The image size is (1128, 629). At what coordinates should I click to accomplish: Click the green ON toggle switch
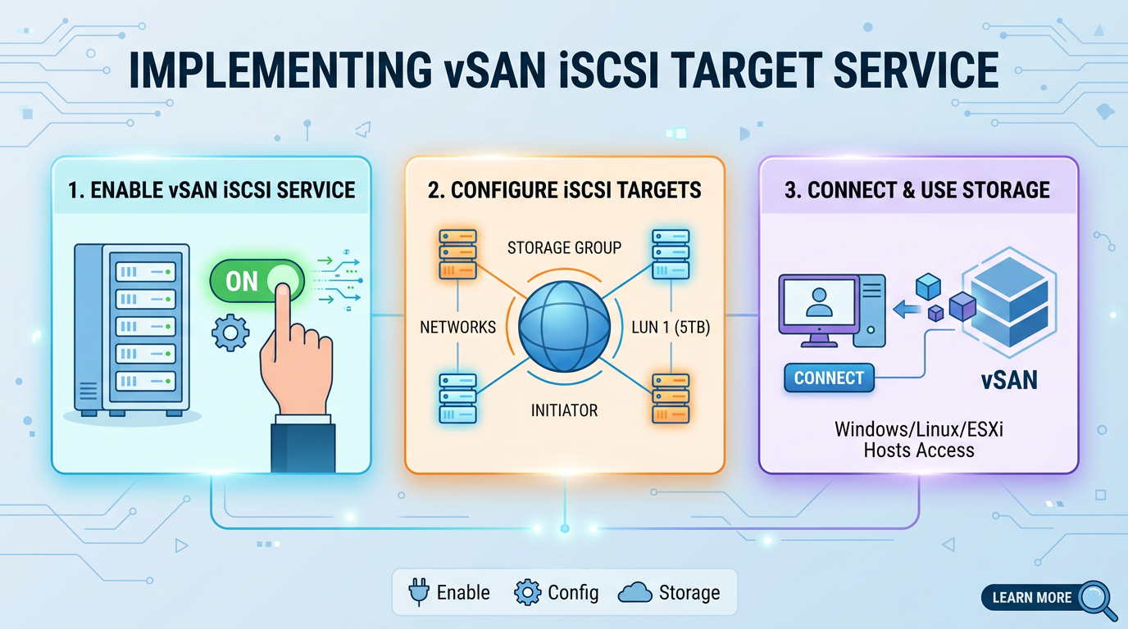(257, 281)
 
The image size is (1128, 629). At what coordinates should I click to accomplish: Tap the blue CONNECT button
(829, 378)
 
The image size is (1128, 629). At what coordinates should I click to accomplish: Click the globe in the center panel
(564, 327)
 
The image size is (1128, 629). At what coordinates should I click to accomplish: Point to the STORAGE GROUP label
(564, 247)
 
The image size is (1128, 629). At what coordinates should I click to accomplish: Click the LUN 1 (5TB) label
(671, 328)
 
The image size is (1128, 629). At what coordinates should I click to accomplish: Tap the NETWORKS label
(457, 328)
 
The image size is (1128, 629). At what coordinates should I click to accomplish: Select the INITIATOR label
(564, 410)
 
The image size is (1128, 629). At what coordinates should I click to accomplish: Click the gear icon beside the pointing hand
(230, 333)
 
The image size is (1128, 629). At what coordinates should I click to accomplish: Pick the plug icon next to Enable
(419, 592)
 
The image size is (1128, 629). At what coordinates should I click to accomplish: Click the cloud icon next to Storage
(634, 593)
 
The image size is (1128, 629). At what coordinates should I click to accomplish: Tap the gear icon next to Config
(527, 592)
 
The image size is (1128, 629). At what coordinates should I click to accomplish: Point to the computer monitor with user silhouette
(819, 310)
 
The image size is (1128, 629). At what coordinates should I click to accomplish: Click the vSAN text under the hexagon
(1009, 380)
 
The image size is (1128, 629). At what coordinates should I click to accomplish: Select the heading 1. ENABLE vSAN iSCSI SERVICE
(211, 190)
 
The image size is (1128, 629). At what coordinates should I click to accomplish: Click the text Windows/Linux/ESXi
(918, 429)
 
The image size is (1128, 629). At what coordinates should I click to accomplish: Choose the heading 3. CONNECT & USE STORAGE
(917, 190)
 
